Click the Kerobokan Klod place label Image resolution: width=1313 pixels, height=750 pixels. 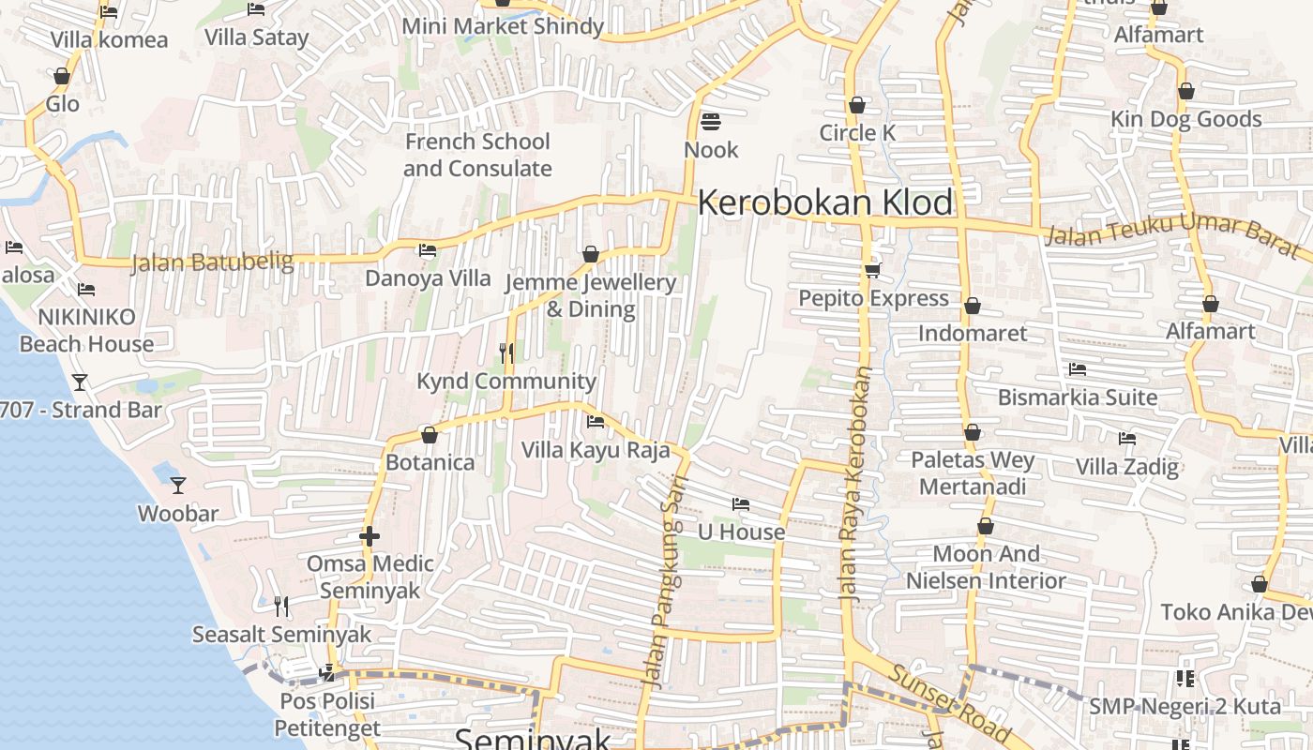824,202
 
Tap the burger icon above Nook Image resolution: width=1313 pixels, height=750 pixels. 710,122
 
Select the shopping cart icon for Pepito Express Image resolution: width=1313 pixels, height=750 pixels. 872,270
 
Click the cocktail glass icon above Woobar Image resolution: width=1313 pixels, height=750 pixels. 177,485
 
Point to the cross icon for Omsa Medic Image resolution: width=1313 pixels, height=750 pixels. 370,536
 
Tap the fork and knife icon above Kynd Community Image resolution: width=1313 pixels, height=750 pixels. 506,352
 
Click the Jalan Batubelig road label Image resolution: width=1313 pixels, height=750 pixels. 212,262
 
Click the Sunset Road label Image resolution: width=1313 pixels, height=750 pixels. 949,703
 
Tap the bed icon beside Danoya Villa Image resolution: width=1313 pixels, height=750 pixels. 428,250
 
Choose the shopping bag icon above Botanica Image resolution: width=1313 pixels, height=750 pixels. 430,435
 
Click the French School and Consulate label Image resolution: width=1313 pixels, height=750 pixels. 477,155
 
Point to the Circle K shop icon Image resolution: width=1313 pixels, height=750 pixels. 856,105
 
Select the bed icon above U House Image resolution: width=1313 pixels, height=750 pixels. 741,504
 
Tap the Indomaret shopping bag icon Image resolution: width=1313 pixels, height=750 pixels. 973,306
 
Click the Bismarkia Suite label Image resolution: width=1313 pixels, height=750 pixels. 1077,397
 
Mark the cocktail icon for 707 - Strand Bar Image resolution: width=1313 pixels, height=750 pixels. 80,382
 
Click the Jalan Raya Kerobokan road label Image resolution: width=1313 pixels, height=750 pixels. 855,483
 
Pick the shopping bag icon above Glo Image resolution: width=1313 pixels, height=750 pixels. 62,76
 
